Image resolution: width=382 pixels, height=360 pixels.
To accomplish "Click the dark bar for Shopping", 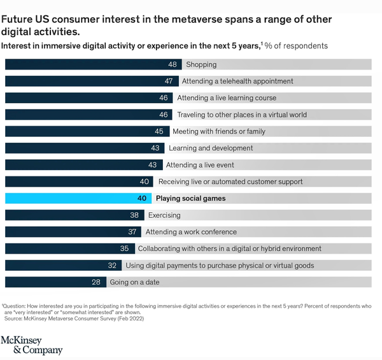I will coord(89,64).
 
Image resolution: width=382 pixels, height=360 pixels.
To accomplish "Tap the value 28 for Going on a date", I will coord(97,282).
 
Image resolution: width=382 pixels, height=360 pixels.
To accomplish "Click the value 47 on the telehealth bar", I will coord(169,81).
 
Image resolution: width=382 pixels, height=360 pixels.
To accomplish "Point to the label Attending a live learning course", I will coord(227,97).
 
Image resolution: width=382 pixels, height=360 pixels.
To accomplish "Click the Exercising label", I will coord(164,215).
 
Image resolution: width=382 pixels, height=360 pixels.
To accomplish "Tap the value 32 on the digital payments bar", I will coord(112,265).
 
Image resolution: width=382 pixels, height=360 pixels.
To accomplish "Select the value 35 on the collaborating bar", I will coord(124,248).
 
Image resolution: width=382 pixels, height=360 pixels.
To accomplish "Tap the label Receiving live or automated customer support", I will coord(230,182).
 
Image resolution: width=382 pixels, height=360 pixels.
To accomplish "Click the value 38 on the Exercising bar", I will coord(134,215).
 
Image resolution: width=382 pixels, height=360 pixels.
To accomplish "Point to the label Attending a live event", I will coord(200,165).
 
